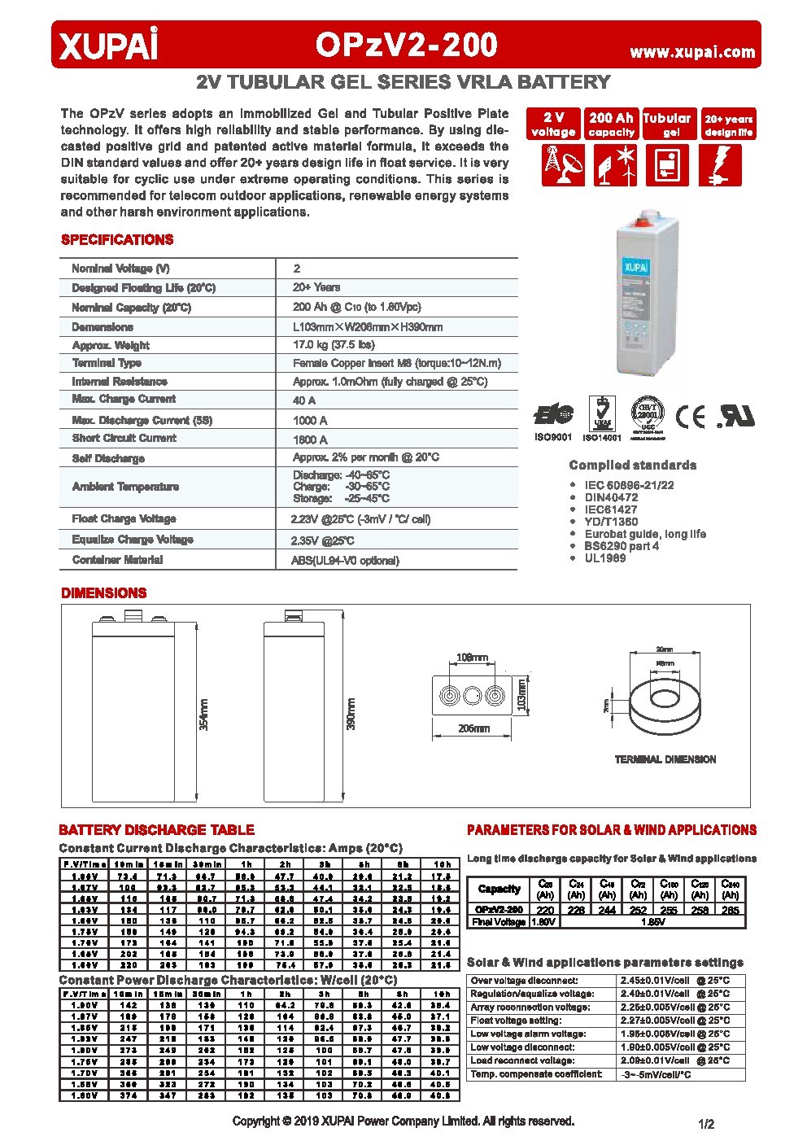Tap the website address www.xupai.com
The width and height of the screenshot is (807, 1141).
tap(692, 52)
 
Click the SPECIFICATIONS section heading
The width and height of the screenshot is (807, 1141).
tap(117, 240)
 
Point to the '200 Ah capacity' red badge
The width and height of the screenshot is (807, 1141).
tap(611, 125)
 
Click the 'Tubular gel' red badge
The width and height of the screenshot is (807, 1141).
tap(667, 125)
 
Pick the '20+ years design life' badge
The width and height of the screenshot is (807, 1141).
tap(728, 125)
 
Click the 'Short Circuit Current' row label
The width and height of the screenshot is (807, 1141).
tap(124, 438)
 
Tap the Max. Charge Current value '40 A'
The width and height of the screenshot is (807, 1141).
tap(304, 400)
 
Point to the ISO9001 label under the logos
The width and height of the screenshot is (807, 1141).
tap(553, 437)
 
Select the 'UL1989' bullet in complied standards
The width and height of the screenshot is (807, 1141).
tap(605, 558)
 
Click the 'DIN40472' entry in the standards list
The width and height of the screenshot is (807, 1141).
tap(611, 497)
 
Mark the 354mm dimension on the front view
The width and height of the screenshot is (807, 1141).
tap(203, 714)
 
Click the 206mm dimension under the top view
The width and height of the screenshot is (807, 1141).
tap(474, 728)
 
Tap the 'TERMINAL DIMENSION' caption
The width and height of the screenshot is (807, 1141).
tap(665, 759)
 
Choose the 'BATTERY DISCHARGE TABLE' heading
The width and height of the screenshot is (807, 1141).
tap(156, 830)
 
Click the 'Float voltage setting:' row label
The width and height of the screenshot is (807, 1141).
tap(516, 1021)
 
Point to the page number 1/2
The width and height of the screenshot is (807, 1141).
tap(705, 1125)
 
